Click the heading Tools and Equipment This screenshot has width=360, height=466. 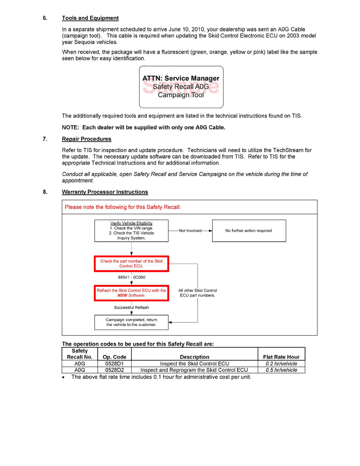coord(90,18)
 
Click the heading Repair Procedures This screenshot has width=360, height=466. coord(86,139)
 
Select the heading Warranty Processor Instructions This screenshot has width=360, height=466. coord(105,192)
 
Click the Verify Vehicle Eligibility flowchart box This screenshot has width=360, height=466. coord(131,231)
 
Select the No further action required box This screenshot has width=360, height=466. coord(249,231)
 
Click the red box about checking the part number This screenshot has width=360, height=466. coord(131,264)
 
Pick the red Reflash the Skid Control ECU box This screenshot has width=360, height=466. coord(131,293)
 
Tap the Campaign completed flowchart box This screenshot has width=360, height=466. coord(131,322)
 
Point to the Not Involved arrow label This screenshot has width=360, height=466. coord(190,231)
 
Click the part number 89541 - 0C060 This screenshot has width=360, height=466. coord(132,277)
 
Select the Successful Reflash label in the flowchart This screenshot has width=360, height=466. coord(131,308)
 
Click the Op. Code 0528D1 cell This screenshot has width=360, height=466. coord(114,364)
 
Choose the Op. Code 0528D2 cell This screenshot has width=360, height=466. coord(114,370)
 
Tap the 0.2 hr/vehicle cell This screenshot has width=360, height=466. coord(281,364)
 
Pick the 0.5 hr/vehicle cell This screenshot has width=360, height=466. coord(281,370)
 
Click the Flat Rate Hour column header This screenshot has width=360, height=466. coord(281,357)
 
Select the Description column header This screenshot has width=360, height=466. coord(195,357)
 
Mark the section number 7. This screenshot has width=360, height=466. coord(45,139)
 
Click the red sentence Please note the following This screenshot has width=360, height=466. coord(123,207)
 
